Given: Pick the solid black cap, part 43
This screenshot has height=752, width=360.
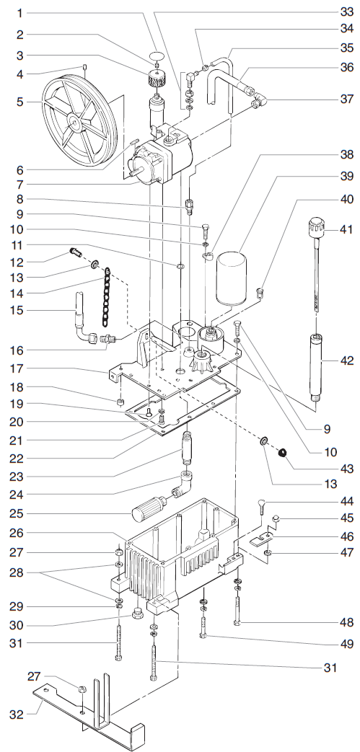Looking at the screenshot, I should coord(284,453).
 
